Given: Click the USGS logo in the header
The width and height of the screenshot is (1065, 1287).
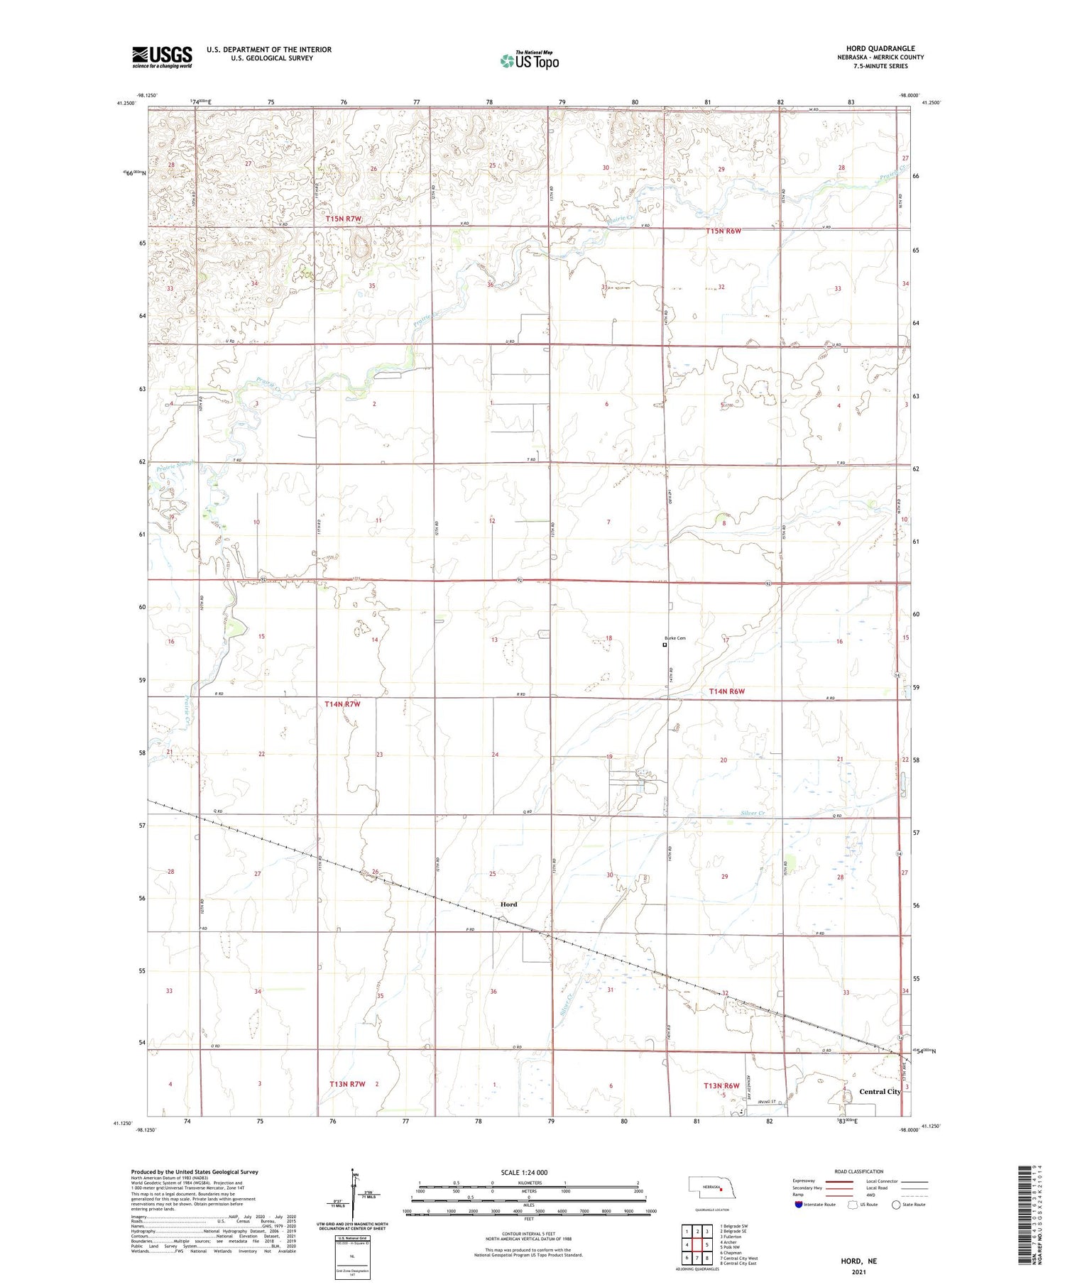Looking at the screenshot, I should click(162, 57).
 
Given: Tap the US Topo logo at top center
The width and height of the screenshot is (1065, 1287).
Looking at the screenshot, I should click(530, 61).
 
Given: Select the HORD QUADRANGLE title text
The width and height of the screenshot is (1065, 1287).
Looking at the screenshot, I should click(880, 48).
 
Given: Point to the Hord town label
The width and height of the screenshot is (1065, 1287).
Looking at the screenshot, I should click(508, 904).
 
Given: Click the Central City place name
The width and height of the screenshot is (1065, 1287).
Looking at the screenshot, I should click(880, 1092).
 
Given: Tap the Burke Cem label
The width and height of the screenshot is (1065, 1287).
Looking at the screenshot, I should click(675, 638).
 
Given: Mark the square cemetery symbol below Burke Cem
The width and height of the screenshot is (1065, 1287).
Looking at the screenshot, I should click(665, 645).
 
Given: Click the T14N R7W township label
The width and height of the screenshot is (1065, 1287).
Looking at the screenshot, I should click(343, 704).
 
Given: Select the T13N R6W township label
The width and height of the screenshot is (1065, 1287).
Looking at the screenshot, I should click(721, 1086).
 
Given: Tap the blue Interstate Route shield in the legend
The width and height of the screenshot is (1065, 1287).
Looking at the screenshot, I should click(799, 1205).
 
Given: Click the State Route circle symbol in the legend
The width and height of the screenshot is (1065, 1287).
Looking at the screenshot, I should click(896, 1205).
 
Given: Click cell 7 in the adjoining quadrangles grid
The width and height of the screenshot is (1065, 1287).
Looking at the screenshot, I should click(697, 1259).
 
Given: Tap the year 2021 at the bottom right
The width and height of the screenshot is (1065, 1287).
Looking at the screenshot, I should click(858, 1271).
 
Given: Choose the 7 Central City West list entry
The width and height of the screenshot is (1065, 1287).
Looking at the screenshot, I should click(738, 1259).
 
